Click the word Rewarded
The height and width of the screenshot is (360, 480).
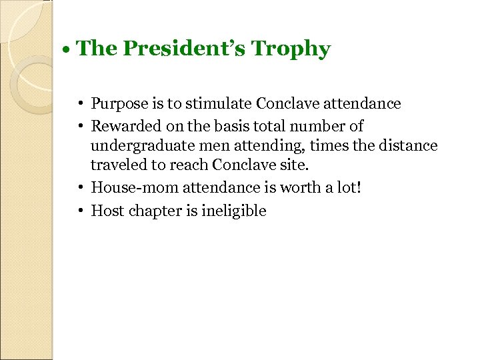click(123, 125)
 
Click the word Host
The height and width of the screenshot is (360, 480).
click(105, 211)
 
